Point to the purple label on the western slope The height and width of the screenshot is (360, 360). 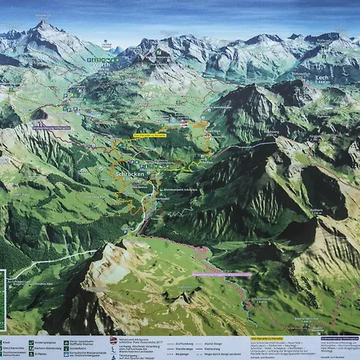click(x=52, y=127)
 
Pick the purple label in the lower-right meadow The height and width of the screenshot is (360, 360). click(x=222, y=274)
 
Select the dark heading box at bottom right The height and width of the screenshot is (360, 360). click(x=337, y=338)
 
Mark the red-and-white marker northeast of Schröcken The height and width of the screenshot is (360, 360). click(x=185, y=122)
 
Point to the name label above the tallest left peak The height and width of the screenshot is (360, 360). click(x=43, y=15)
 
